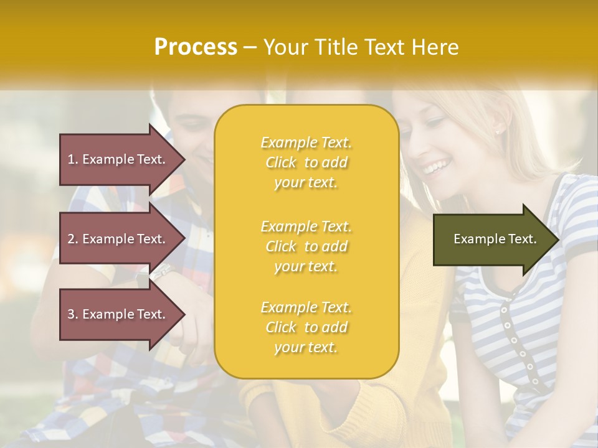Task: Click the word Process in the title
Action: [x=196, y=47]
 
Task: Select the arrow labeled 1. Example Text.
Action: [x=118, y=159]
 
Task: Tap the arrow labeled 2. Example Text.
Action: [x=118, y=239]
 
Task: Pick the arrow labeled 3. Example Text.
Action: [x=118, y=314]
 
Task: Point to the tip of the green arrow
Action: [x=558, y=240]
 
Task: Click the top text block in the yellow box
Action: [x=306, y=162]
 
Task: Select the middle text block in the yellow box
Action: [x=306, y=246]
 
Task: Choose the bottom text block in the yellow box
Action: [x=306, y=327]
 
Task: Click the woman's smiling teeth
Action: [x=436, y=167]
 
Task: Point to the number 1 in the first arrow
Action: [x=71, y=159]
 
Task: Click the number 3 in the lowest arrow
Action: [x=71, y=314]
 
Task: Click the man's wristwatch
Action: [x=161, y=273]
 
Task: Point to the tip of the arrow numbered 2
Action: [x=184, y=239]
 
